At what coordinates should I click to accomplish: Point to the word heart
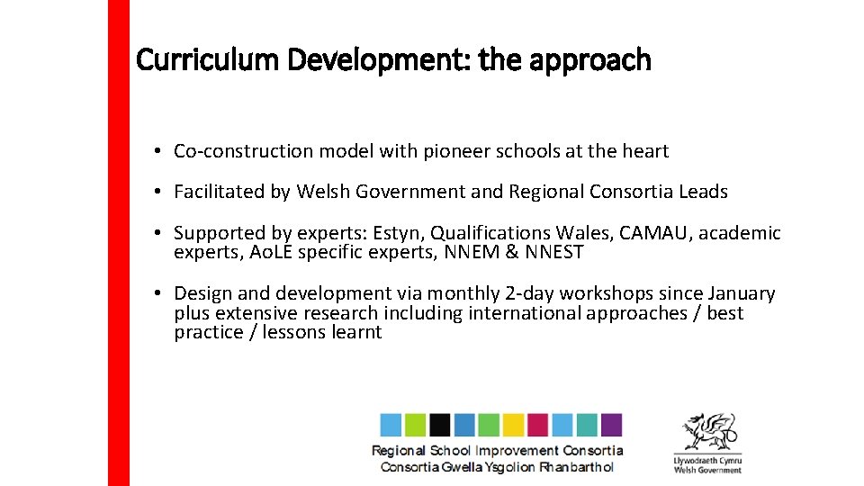pos(645,151)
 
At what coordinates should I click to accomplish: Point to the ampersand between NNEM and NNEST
pos(511,253)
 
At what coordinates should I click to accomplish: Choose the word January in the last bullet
pos(742,293)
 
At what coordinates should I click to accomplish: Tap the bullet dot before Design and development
pos(157,293)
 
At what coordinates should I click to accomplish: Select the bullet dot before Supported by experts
pos(157,233)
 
